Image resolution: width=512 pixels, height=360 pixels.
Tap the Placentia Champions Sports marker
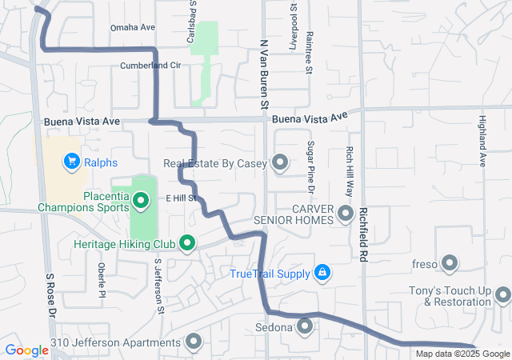pyautogui.click(x=142, y=200)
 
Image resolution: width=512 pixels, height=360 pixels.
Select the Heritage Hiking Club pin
pyautogui.click(x=187, y=242)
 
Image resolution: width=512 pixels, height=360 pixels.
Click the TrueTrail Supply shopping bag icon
pyautogui.click(x=322, y=274)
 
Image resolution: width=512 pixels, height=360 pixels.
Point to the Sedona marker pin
pyautogui.click(x=306, y=326)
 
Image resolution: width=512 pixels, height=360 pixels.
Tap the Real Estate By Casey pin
pyautogui.click(x=280, y=163)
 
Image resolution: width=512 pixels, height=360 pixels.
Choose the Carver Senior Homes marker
pyautogui.click(x=346, y=214)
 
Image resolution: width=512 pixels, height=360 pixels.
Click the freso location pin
pyautogui.click(x=449, y=262)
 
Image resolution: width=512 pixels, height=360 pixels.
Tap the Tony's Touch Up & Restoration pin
pyautogui.click(x=502, y=295)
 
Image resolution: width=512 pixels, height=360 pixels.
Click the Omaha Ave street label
pyautogui.click(x=132, y=27)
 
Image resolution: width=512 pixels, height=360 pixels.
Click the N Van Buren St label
pyautogui.click(x=262, y=72)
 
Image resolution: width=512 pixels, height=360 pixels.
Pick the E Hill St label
pyautogui.click(x=181, y=198)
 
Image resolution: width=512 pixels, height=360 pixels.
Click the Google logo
pyautogui.click(x=27, y=350)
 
